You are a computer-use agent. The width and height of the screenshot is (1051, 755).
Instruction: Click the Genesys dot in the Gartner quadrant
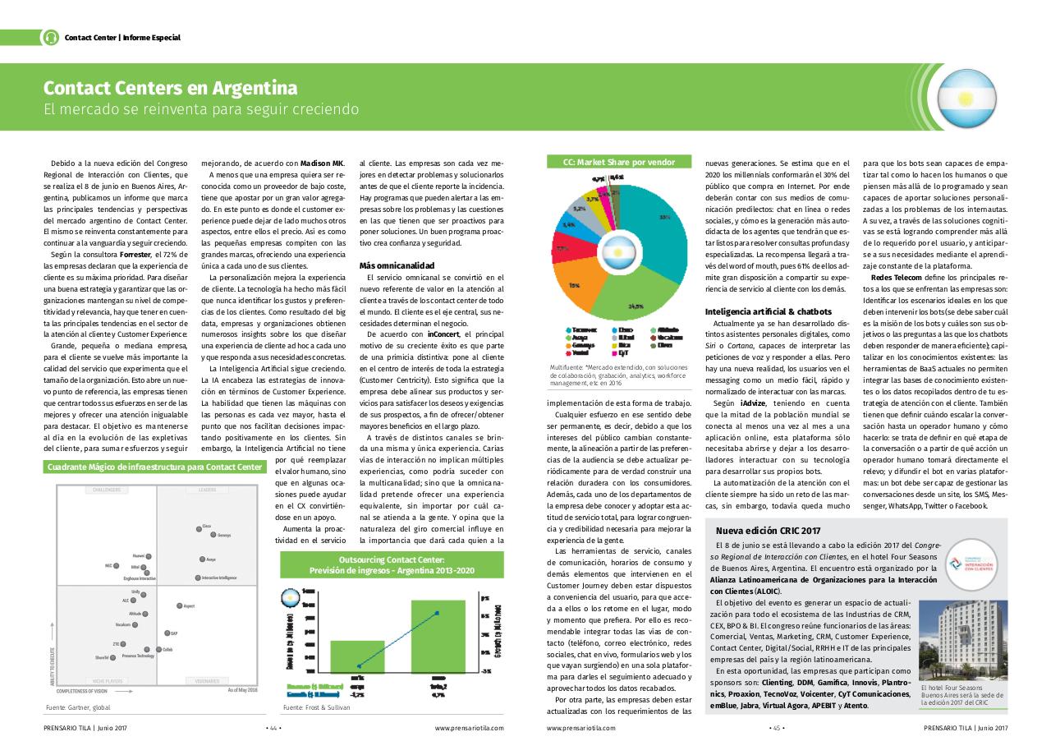click(213, 535)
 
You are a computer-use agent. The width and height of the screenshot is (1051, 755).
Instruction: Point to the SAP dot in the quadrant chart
click(167, 633)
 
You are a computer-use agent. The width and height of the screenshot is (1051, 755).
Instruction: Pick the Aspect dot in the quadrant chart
click(179, 605)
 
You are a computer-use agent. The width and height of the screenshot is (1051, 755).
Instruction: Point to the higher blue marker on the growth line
click(436, 613)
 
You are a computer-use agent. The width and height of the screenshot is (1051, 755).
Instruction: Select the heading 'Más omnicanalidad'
click(397, 265)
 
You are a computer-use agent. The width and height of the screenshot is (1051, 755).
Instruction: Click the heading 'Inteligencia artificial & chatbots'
click(769, 311)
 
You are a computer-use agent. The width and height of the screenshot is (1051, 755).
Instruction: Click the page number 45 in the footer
click(775, 727)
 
